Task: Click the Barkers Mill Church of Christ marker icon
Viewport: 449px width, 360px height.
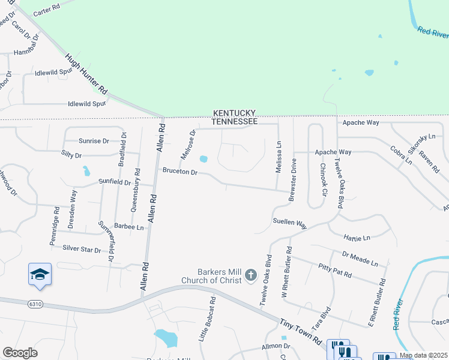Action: pos(251,276)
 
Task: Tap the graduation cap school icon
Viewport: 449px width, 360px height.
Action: pos(40,274)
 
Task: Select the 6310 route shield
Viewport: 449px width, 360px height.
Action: pos(35,304)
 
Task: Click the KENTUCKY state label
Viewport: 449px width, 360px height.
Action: pos(234,113)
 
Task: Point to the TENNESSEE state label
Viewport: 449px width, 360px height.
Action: pos(234,122)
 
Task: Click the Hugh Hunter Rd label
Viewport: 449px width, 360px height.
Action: pos(86,73)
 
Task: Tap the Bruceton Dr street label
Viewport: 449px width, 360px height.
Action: pos(180,171)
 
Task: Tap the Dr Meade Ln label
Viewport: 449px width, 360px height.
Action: pos(360,259)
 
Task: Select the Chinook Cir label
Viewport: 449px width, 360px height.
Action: pos(323,180)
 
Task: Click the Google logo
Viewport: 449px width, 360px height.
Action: pos(20,353)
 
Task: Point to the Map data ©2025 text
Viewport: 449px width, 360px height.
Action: pos(423,355)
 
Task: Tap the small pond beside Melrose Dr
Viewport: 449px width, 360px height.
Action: pos(203,160)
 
